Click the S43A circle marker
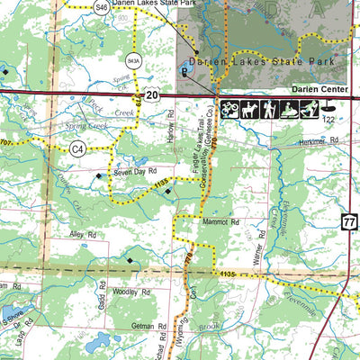pyautogui.click(x=133, y=62)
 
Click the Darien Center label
pyautogui.click(x=318, y=91)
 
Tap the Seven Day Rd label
pyautogui.click(x=134, y=170)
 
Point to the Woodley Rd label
pyautogui.click(x=131, y=292)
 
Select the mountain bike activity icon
pyautogui.click(x=228, y=109)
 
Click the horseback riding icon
pyautogui.click(x=247, y=109)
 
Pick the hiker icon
pyautogui.click(x=267, y=109)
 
